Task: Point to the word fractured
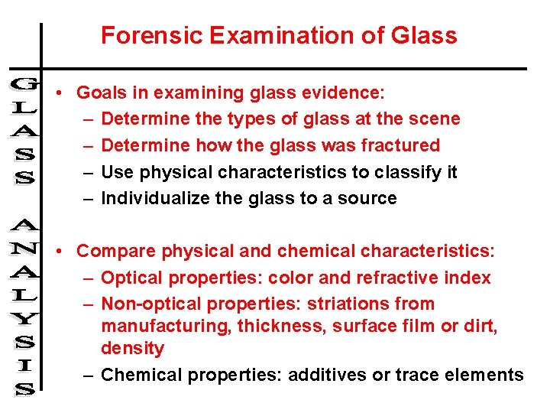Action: click(x=403, y=145)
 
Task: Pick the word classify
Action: click(x=404, y=172)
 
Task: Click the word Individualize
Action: click(x=160, y=199)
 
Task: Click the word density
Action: click(x=132, y=349)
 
